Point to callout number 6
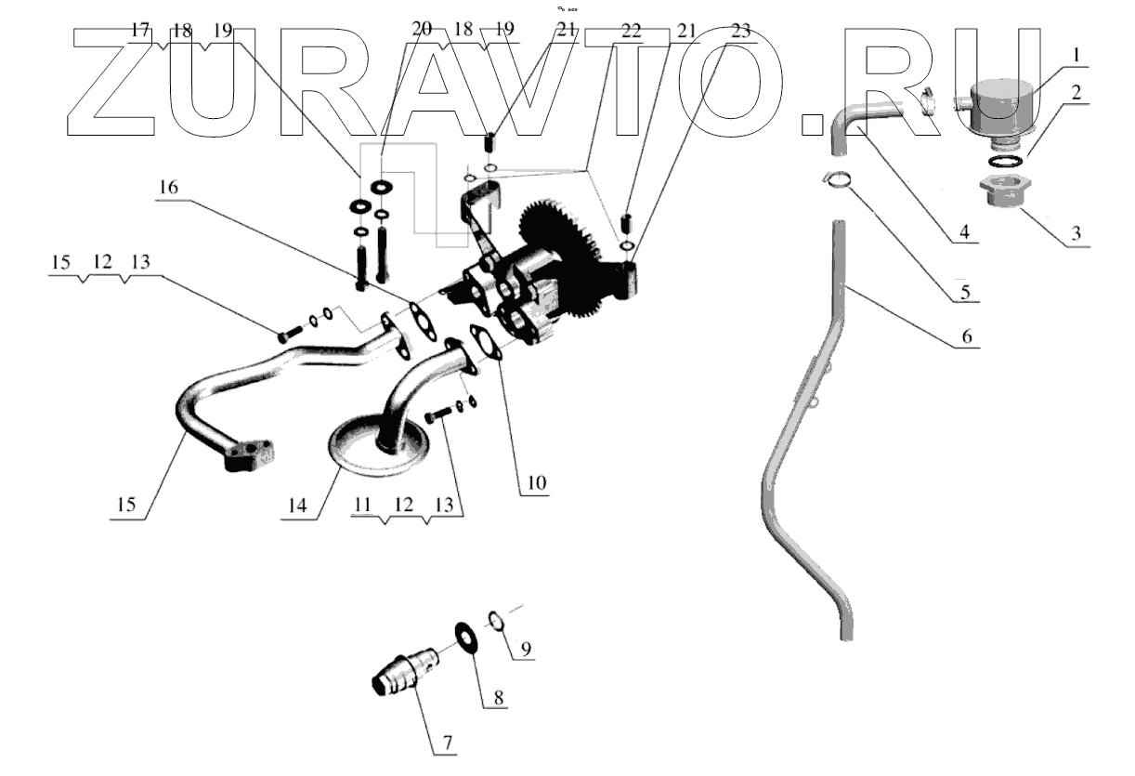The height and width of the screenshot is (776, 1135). [x=966, y=337]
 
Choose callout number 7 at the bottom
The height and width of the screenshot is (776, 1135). [x=448, y=743]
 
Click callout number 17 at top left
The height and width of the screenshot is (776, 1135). [x=139, y=31]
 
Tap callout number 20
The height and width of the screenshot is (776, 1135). [x=422, y=31]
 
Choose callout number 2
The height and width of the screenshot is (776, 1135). [x=1075, y=92]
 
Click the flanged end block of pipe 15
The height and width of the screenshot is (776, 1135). [x=250, y=454]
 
